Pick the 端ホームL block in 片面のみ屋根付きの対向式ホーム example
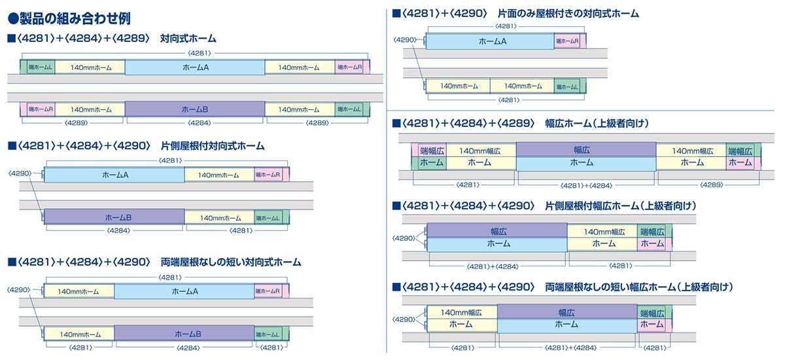click(x=567, y=86)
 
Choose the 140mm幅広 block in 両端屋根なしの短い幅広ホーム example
click(x=461, y=313)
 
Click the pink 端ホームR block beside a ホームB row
click(x=41, y=109)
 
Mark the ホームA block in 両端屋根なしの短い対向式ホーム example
click(x=185, y=291)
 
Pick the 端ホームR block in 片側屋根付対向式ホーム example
click(x=268, y=175)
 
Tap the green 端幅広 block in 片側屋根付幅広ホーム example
click(x=652, y=231)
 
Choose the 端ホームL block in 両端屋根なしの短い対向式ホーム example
click(x=268, y=334)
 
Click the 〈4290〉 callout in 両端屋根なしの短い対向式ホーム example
click(x=20, y=290)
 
